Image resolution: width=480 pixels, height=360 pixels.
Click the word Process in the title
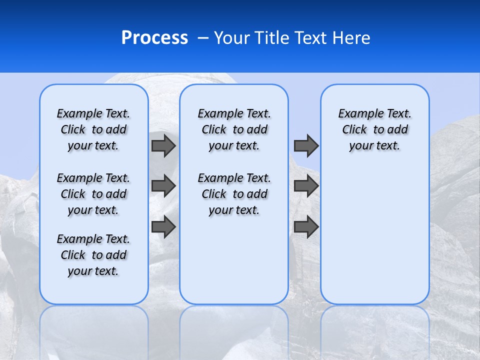coord(154,38)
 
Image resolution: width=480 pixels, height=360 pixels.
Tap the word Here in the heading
coord(352,38)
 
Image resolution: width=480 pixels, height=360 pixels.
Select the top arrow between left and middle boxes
coord(163,145)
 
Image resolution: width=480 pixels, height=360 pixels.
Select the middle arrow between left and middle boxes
coord(163,186)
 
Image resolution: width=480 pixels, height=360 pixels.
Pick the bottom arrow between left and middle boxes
coord(163,226)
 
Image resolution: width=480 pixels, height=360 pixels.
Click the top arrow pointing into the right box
coord(306,145)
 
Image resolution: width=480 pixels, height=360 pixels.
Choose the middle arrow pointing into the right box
coord(306,186)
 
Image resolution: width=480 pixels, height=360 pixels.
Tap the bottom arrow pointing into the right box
coord(306,226)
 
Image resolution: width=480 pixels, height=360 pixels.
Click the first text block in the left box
coord(93,129)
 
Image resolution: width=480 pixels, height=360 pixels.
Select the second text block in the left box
coord(93,194)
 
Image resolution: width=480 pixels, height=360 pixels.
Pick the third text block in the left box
coord(93,255)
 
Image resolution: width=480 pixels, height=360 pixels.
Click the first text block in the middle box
coord(234,129)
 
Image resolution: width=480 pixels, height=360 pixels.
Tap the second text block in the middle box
coord(234,194)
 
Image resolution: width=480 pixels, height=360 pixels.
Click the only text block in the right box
coord(374,129)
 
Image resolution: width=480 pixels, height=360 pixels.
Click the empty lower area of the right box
coord(374,240)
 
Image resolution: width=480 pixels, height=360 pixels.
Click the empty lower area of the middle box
coord(234,260)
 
